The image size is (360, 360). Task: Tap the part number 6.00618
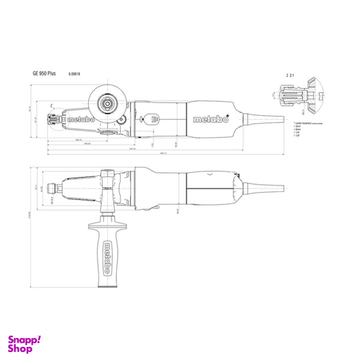[74, 74]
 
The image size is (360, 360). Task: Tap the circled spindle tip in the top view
[53, 118]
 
